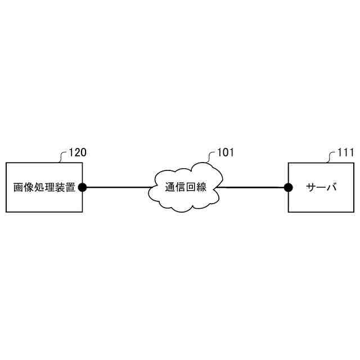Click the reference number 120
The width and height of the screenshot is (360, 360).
pos(77,152)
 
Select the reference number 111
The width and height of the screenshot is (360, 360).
pos(345,152)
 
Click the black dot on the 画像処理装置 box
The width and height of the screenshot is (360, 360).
pos(82,187)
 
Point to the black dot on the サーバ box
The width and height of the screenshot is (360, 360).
pos(288,187)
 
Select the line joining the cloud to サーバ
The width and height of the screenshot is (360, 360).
pos(253,187)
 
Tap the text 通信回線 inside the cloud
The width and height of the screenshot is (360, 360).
pos(186,187)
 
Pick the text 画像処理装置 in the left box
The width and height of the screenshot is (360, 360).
pos(44,187)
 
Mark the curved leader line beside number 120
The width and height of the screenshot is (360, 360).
pos(62,156)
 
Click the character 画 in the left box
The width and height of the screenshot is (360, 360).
pos(18,187)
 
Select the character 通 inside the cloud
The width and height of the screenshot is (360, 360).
pos(170,187)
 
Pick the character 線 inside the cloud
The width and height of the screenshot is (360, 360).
pos(201,187)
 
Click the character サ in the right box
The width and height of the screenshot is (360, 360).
pos(310,187)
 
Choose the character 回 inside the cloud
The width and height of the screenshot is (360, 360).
pos(191,187)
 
